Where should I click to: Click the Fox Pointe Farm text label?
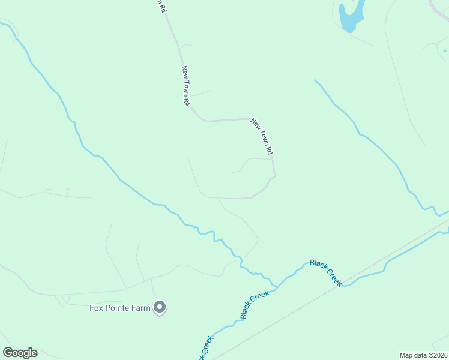pyautogui.click(x=119, y=308)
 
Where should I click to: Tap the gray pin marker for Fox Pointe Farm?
pyautogui.click(x=160, y=308)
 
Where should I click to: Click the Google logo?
pyautogui.click(x=20, y=353)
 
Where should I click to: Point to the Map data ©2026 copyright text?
pyautogui.click(x=424, y=355)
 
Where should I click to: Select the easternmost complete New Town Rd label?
pyautogui.click(x=262, y=136)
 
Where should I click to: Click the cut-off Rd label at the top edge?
pyautogui.click(x=160, y=6)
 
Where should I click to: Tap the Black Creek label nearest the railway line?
pyautogui.click(x=326, y=272)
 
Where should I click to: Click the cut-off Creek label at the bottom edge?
pyautogui.click(x=205, y=348)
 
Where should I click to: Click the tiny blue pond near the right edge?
pyautogui.click(x=444, y=51)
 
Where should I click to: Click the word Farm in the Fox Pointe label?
pyautogui.click(x=139, y=308)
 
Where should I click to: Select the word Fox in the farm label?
pyautogui.click(x=96, y=308)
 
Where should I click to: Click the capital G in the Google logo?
pyautogui.click(x=7, y=353)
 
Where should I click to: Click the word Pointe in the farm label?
pyautogui.click(x=116, y=308)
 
